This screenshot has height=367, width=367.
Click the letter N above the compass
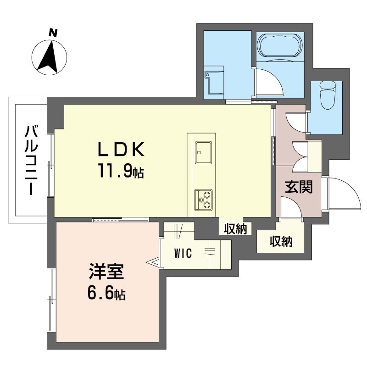(x=53, y=33)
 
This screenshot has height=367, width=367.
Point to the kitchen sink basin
(x=203, y=152)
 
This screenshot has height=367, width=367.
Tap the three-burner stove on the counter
(x=203, y=199)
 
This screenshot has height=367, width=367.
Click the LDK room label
(x=121, y=150)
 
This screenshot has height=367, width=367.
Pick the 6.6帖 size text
(x=106, y=293)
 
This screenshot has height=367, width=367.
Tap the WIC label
(x=183, y=253)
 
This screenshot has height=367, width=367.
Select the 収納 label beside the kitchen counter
(x=235, y=228)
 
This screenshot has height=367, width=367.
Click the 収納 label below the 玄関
(x=281, y=242)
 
